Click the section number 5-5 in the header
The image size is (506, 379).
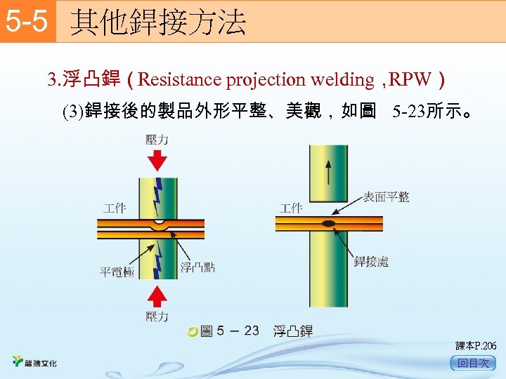point(27,22)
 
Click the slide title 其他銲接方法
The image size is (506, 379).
point(158,22)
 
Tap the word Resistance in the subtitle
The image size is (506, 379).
point(180,79)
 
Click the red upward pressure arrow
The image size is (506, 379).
point(158,289)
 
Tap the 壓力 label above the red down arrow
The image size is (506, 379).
point(157,140)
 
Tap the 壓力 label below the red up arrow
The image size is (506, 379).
point(157,317)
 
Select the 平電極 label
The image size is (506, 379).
point(117,272)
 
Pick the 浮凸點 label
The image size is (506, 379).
point(197,267)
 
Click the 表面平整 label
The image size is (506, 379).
point(387,197)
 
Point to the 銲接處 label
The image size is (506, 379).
point(371,262)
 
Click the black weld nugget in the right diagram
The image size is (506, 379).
point(328,224)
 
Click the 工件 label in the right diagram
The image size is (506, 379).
point(291,208)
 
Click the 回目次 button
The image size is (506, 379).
point(473,363)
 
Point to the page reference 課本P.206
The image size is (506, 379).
point(476,346)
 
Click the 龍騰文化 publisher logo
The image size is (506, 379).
point(35,363)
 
